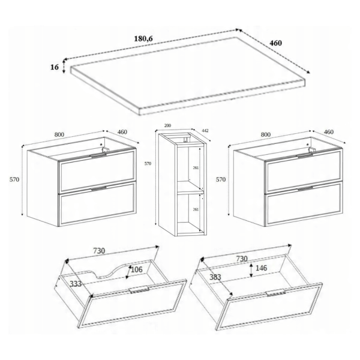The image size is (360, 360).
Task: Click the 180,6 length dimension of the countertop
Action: pyautogui.click(x=143, y=38)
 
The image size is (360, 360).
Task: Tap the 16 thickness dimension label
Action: pyautogui.click(x=55, y=67)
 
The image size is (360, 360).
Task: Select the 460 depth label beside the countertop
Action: pyautogui.click(x=275, y=43)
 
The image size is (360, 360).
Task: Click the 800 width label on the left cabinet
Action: pyautogui.click(x=59, y=134)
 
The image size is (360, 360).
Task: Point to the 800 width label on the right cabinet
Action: pyautogui.click(x=266, y=134)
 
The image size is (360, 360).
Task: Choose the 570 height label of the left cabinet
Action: pyautogui.click(x=14, y=179)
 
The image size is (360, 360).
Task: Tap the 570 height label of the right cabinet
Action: pyautogui.click(x=221, y=179)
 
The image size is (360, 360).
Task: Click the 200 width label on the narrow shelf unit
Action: pyautogui.click(x=168, y=125)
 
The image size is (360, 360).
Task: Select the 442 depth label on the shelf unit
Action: pyautogui.click(x=205, y=131)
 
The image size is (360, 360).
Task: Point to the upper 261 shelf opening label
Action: pyautogui.click(x=196, y=168)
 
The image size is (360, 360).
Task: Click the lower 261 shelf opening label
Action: pyautogui.click(x=196, y=209)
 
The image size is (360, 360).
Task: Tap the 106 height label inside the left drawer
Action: pyautogui.click(x=137, y=269)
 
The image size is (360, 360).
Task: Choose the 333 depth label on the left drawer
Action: pyautogui.click(x=76, y=284)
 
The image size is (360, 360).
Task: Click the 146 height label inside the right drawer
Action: pyautogui.click(x=261, y=268)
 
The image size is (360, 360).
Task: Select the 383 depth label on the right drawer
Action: pyautogui.click(x=215, y=277)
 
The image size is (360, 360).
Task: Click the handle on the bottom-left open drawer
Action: pyautogui.click(x=139, y=290)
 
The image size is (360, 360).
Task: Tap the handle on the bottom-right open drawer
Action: pyautogui.click(x=276, y=293)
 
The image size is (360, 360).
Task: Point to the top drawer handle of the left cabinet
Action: pyautogui.click(x=99, y=155)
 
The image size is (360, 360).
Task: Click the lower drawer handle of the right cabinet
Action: pyautogui.click(x=305, y=189)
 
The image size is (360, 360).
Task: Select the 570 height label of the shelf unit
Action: pyautogui.click(x=148, y=164)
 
